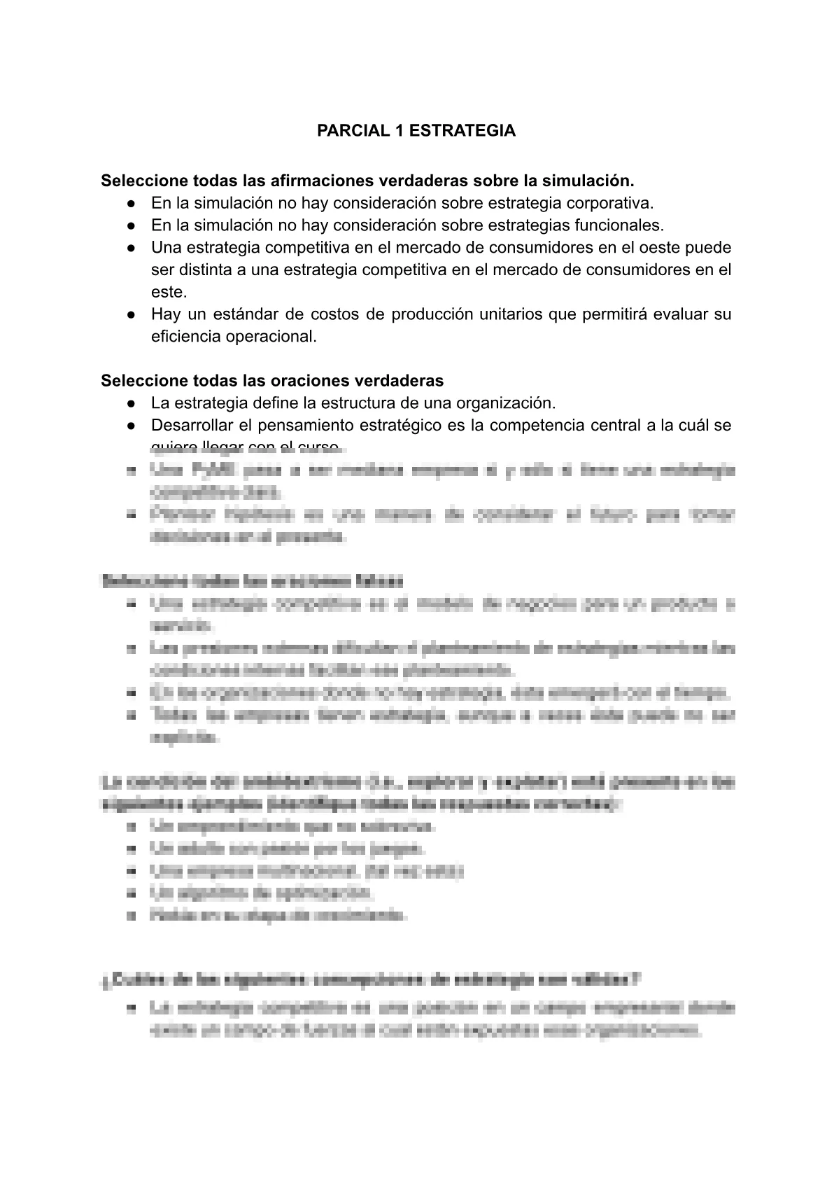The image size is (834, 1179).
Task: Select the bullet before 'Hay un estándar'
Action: [x=131, y=315]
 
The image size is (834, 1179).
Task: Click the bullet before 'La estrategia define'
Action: [x=131, y=404]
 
